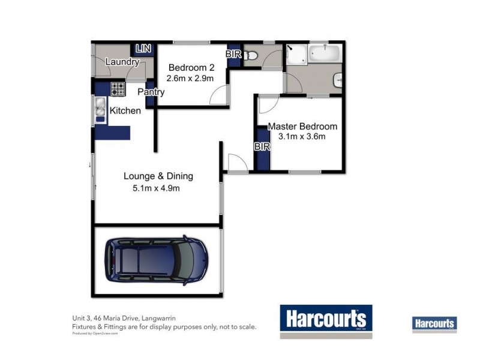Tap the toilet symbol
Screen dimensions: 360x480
click(251, 56)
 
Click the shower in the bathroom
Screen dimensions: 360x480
click(295, 56)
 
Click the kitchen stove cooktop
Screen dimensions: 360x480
click(118, 89)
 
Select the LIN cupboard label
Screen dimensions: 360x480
click(143, 49)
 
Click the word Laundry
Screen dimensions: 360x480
click(122, 62)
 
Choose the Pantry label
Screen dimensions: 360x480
click(151, 92)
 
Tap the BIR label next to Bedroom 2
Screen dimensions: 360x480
click(233, 54)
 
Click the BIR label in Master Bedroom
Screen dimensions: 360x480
click(262, 146)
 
